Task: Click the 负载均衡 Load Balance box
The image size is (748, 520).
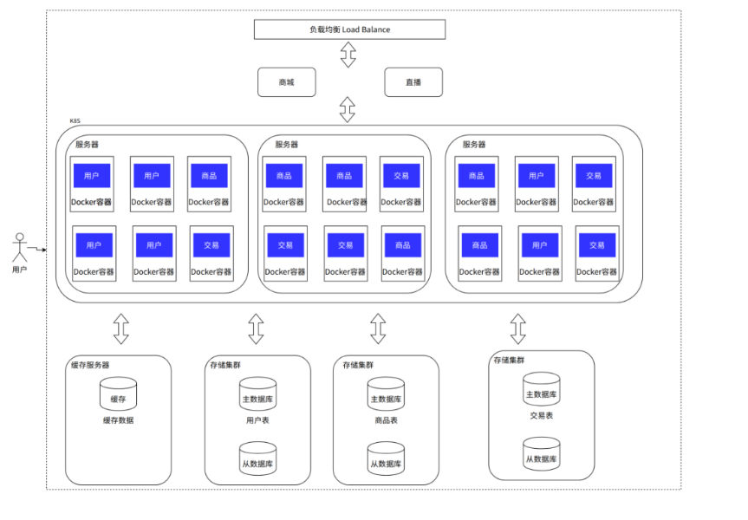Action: [x=349, y=29]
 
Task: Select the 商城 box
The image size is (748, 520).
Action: [x=287, y=82]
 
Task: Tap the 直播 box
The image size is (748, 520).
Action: [x=413, y=82]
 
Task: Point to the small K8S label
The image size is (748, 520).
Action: [x=75, y=120]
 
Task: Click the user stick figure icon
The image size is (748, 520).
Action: [x=20, y=247]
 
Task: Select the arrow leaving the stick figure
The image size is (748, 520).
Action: [x=37, y=249]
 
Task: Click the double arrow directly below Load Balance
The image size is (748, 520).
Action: [x=348, y=54]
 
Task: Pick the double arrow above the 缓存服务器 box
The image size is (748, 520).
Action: [x=121, y=328]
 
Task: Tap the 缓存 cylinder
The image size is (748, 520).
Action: [x=118, y=393]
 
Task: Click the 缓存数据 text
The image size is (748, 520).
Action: [x=118, y=420]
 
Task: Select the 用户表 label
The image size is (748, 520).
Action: [x=257, y=420]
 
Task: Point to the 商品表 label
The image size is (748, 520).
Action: [x=386, y=420]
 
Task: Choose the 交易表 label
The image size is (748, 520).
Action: [x=542, y=415]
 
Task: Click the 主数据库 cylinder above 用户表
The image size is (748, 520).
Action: [x=257, y=393]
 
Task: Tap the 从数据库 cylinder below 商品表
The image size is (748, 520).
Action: [x=386, y=458]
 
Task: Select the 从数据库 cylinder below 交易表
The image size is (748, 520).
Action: [x=542, y=453]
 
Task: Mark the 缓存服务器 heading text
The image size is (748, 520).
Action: [x=90, y=365]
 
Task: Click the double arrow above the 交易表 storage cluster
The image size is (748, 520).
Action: [x=518, y=328]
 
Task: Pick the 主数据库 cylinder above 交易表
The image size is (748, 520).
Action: [x=542, y=389]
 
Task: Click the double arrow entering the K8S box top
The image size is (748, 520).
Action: [x=348, y=109]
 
